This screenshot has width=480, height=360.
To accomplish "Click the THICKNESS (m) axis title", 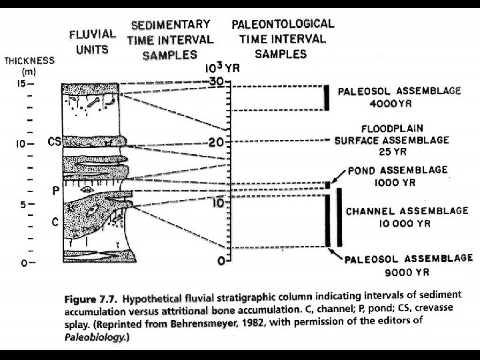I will coord(29,65).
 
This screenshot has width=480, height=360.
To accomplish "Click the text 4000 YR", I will coord(392,104).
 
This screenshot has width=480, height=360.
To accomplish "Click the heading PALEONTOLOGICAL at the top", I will coord(283,24).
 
